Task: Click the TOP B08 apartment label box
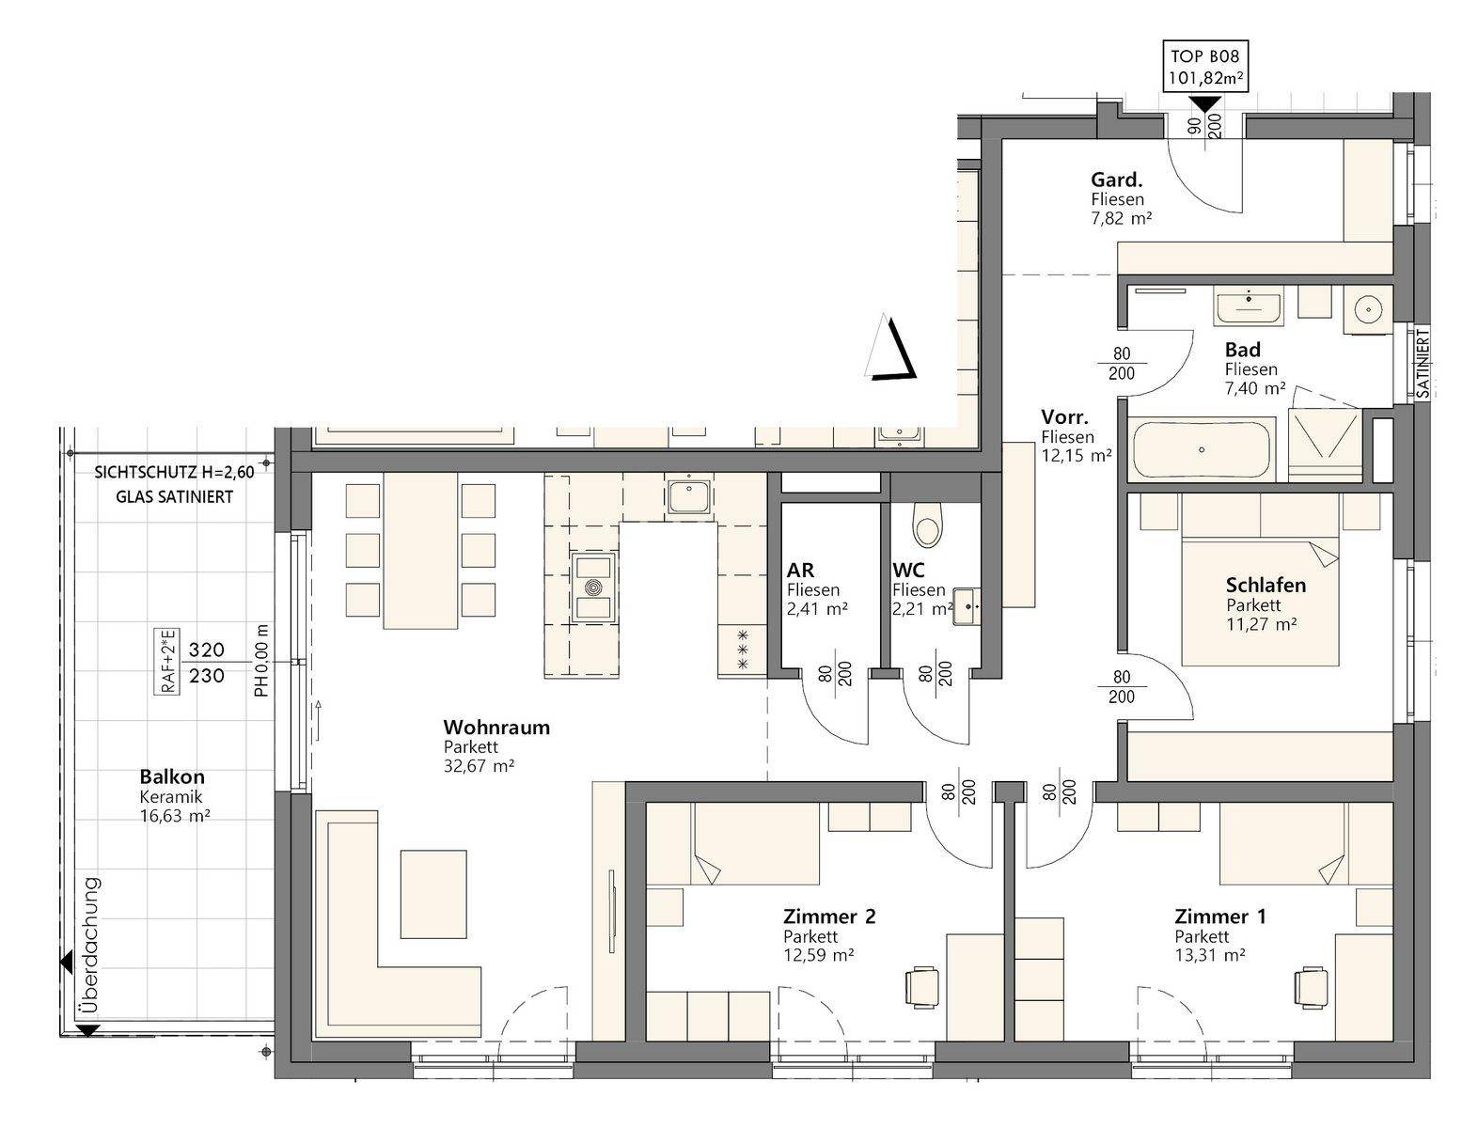click(1204, 65)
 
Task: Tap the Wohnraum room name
click(496, 728)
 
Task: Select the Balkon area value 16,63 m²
click(174, 816)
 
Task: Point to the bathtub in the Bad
click(1202, 448)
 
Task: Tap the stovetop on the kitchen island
click(593, 587)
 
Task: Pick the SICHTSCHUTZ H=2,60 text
click(174, 472)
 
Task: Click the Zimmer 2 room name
click(829, 916)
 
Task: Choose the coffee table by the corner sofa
click(432, 894)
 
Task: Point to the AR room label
click(801, 571)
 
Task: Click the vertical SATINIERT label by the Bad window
click(1423, 364)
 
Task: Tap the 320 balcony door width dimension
click(206, 650)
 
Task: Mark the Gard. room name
click(1117, 180)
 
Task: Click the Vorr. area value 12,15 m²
click(1076, 456)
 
